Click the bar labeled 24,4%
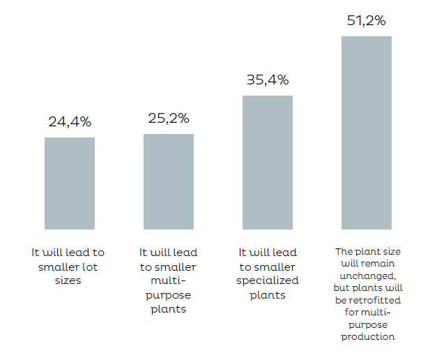click(70, 183)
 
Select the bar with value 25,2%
click(169, 181)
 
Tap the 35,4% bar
click(268, 163)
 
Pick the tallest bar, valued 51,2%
click(367, 133)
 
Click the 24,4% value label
click(70, 121)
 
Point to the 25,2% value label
click(169, 118)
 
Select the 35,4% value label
click(268, 80)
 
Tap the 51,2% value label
click(367, 20)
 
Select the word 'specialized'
click(268, 280)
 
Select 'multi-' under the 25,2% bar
click(169, 280)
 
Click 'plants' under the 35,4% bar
click(268, 294)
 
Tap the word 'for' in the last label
click(355, 313)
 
